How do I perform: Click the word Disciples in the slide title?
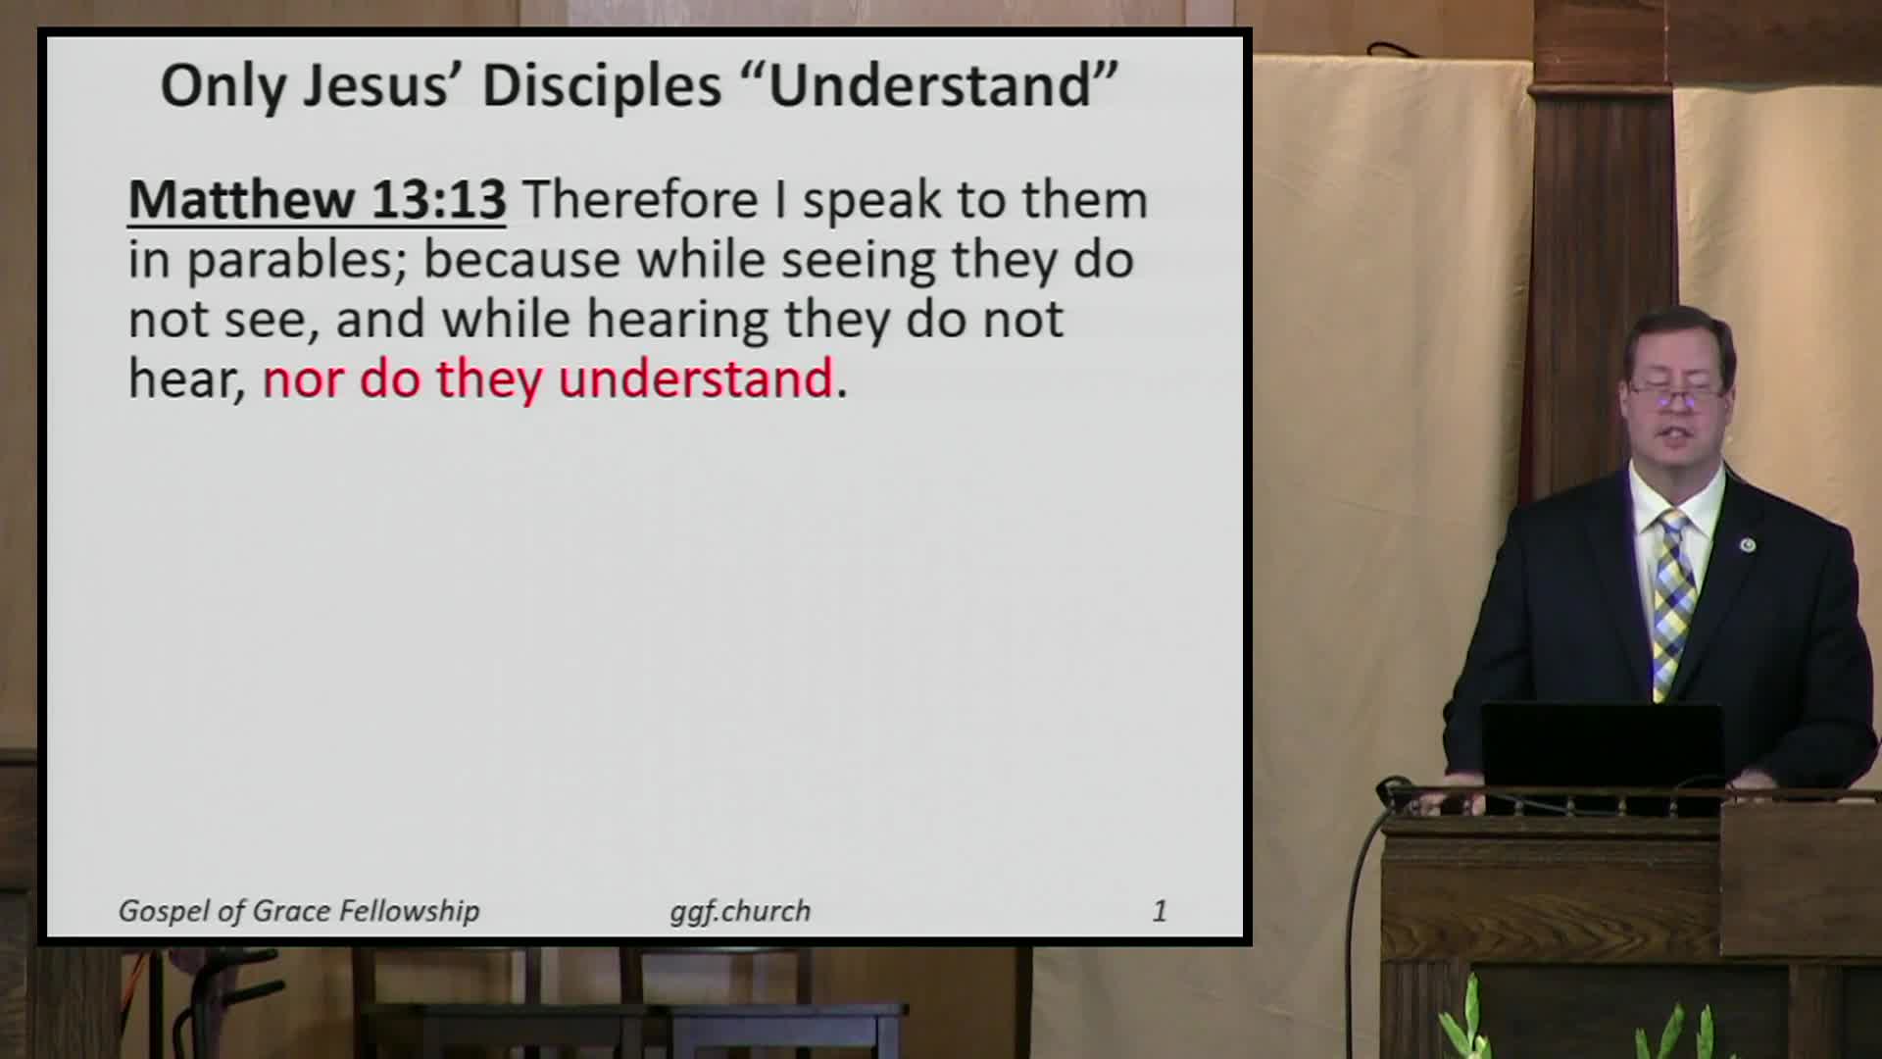[x=601, y=86]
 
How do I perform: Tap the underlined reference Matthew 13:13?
[x=317, y=200]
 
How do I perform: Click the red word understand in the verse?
[x=695, y=379]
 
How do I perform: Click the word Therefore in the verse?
[x=640, y=200]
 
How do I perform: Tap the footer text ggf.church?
[x=740, y=911]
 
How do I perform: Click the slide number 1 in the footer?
[x=1160, y=911]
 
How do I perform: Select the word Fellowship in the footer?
[x=409, y=911]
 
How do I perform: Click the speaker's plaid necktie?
[x=1672, y=598]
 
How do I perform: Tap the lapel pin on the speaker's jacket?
[x=1747, y=544]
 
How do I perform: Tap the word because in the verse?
[x=522, y=261]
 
